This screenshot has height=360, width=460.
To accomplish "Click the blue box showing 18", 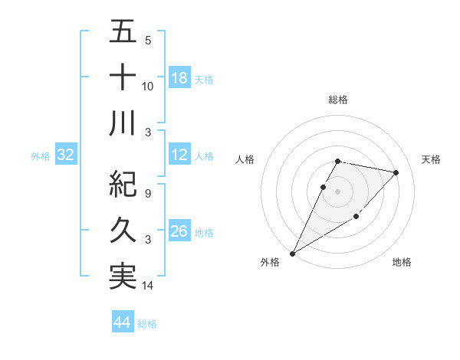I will [179, 77].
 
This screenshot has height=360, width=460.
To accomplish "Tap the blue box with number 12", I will [179, 155].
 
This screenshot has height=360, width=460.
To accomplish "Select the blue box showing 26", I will [179, 231].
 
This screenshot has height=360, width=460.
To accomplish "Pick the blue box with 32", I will [65, 155].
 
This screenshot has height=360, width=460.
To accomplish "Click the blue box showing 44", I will [123, 322].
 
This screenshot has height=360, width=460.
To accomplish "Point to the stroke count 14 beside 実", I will [148, 286].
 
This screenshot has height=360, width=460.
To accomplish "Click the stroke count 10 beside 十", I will [148, 87].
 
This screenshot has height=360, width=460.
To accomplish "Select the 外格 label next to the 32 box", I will [41, 156].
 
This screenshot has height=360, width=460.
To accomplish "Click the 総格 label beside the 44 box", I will [147, 324].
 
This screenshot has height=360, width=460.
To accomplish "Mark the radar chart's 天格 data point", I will [396, 172].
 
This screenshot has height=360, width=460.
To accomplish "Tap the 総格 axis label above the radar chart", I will [338, 100].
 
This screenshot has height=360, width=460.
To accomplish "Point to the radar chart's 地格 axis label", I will [402, 262].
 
